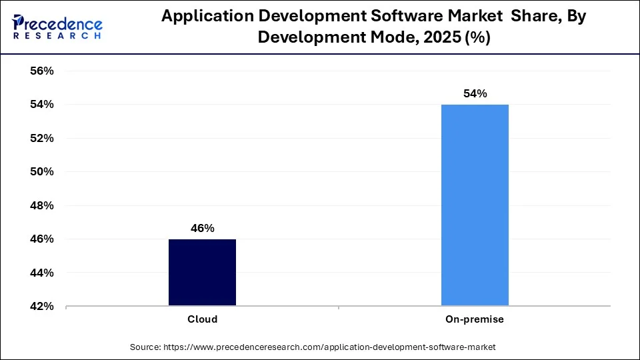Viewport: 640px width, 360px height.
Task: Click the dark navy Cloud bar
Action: coord(202,273)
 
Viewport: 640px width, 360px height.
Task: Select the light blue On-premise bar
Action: coord(475,205)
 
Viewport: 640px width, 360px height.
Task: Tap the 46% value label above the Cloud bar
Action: coord(202,228)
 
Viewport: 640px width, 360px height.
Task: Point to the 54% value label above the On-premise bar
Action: coord(475,94)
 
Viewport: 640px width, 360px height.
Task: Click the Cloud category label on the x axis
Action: coord(202,319)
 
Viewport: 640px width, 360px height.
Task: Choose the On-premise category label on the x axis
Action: coord(475,319)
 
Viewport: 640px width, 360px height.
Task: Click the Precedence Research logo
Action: coord(57,27)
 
